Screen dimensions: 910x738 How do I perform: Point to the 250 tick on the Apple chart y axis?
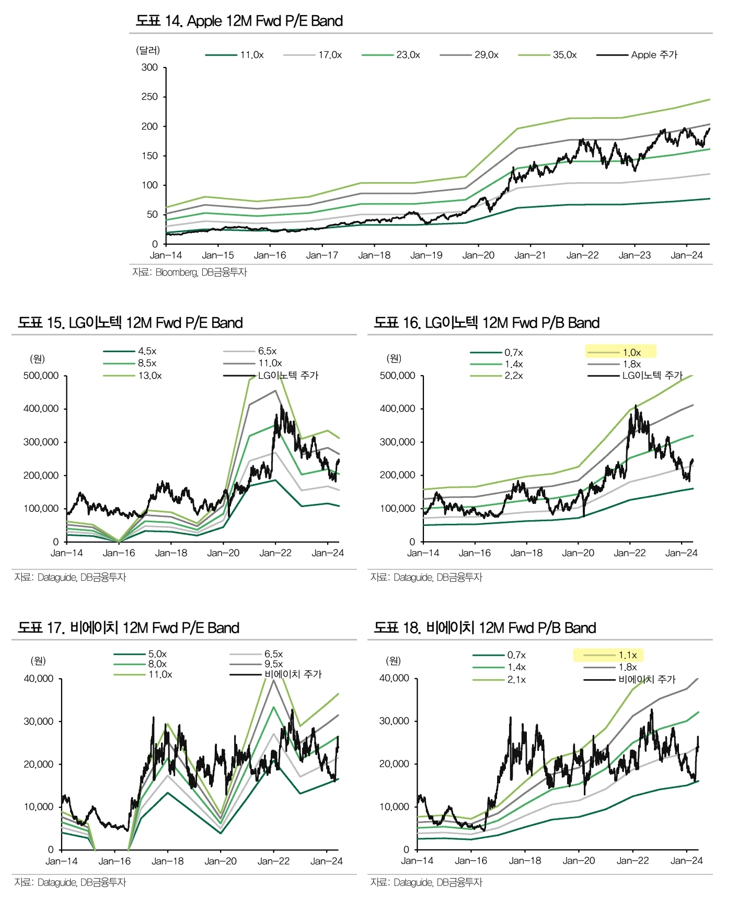149,97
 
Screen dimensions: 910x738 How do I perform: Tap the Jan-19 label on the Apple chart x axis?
426,255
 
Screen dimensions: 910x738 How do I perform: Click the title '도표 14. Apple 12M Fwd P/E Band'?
239,21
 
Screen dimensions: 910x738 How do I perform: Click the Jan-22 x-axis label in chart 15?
275,553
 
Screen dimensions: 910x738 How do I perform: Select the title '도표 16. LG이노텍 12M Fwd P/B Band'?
487,323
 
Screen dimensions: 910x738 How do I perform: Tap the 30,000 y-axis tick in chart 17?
39,722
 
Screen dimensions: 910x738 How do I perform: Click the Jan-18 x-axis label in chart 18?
525,861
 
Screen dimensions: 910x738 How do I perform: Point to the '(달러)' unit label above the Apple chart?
148,50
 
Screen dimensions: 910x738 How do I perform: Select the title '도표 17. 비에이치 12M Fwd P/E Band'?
129,628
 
